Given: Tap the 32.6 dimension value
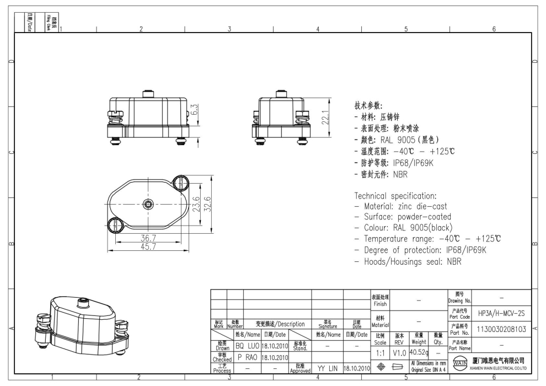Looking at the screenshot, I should pyautogui.click(x=208, y=203).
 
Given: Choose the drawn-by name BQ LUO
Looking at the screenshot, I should pyautogui.click(x=247, y=346).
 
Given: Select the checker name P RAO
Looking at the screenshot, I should pyautogui.click(x=247, y=357).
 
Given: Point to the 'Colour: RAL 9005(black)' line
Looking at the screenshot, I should pyautogui.click(x=408, y=228).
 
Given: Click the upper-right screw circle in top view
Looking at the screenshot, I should pyautogui.click(x=181, y=181).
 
